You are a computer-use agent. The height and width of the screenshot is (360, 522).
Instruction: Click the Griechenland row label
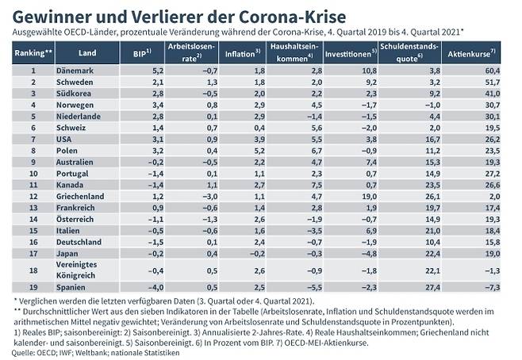pyautogui.click(x=81, y=194)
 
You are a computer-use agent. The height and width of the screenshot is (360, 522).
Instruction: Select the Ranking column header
pyautogui.click(x=33, y=53)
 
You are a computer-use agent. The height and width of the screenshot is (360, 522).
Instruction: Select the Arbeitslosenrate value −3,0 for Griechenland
pyautogui.click(x=210, y=194)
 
